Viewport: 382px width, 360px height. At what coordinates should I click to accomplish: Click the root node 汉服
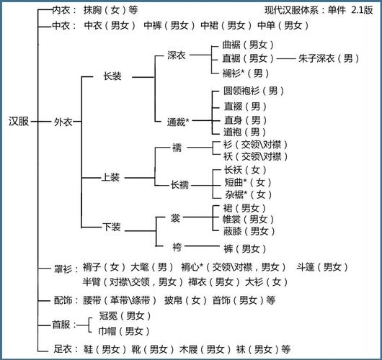tap(19, 122)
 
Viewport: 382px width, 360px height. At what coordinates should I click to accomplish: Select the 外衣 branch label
tap(63, 122)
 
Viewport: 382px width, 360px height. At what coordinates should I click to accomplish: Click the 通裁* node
tap(178, 122)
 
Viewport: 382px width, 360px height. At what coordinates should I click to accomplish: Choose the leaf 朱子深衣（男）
tap(329, 58)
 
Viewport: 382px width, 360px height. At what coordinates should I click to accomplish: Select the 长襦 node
tap(179, 184)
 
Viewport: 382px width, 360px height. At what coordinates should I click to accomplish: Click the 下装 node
tap(111, 226)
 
